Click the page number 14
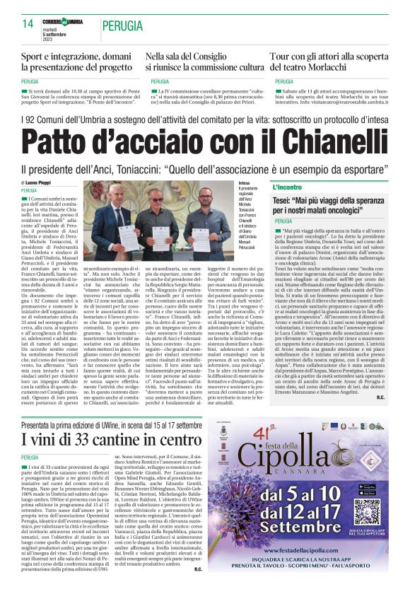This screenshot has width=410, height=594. tap(28, 23)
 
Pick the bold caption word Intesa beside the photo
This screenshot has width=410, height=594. tap(244, 182)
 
